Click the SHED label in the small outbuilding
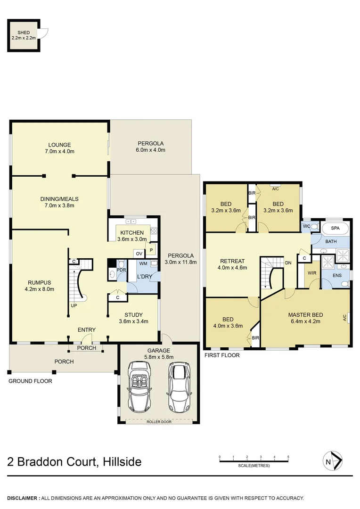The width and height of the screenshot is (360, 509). [23, 33]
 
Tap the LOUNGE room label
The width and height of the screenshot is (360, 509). [59, 145]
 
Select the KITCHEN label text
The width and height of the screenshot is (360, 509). [131, 233]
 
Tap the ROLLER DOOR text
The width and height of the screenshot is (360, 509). [158, 422]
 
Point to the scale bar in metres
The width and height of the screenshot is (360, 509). [254, 459]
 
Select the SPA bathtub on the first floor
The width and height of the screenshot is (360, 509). [335, 228]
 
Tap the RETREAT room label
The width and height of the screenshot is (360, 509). [232, 261]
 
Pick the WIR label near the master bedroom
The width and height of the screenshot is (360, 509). [311, 272]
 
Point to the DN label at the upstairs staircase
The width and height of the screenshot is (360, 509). [287, 263]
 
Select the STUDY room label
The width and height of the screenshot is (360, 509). [133, 315]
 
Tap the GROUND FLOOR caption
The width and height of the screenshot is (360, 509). [30, 381]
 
